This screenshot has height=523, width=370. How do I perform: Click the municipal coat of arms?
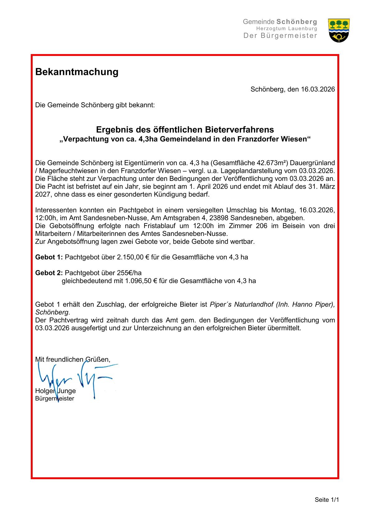coord(339,30)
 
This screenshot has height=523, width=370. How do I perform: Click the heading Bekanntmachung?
coord(77,72)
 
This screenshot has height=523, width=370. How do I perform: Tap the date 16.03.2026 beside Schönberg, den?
coord(318,89)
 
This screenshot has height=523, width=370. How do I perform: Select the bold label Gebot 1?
coord(49,257)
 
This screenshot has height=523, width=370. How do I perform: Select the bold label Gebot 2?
coord(49,273)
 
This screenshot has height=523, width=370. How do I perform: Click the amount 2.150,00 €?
coord(133,257)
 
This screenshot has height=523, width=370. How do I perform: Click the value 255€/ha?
coord(129,273)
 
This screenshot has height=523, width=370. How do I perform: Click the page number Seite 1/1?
coord(327,500)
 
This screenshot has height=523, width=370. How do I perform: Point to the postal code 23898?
coord(219,218)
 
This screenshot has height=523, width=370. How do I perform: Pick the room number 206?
coord(261,226)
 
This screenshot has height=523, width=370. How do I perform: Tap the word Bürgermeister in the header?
coord(289,36)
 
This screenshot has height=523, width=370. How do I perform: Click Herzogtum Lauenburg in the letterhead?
coord(287,29)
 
